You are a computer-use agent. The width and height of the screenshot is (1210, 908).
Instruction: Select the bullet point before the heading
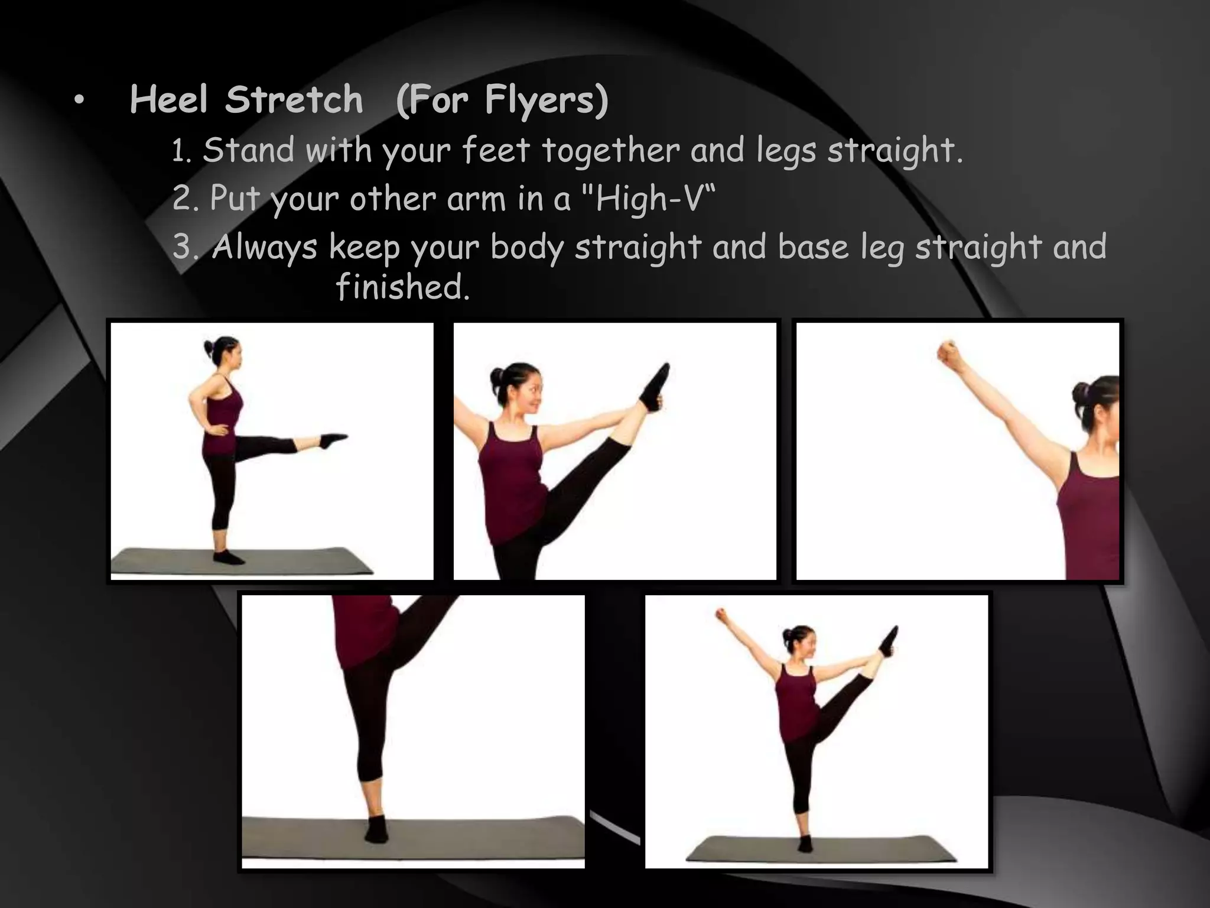pos(79,102)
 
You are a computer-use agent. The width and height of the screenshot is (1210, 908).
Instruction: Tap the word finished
pos(403,287)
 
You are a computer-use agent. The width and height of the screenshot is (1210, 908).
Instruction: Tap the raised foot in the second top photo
pos(656,387)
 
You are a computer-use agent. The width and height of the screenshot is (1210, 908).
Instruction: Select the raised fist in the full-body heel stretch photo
pos(721,615)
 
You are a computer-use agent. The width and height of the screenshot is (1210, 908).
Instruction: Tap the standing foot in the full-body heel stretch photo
pos(805,844)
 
